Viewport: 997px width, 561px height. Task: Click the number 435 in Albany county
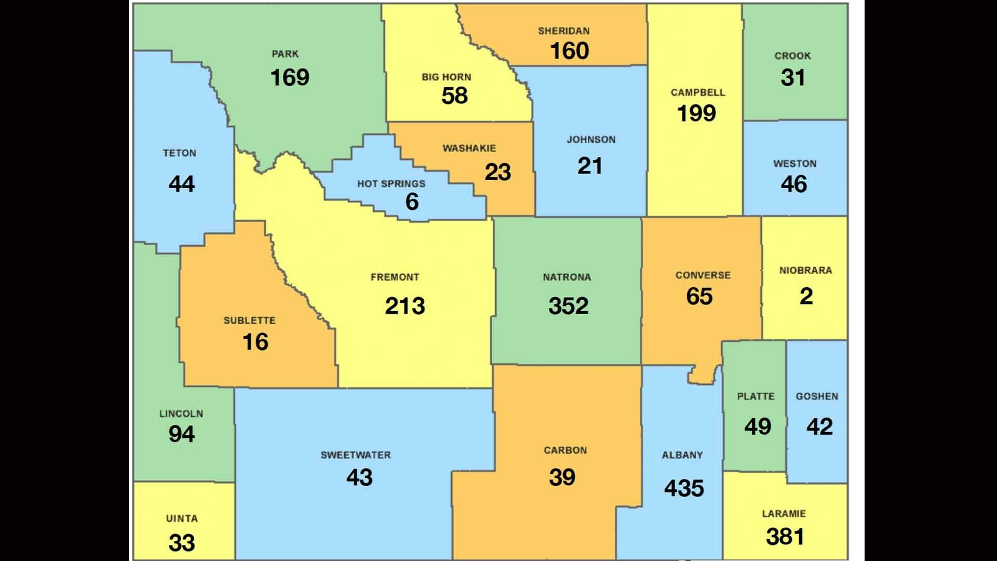click(x=684, y=488)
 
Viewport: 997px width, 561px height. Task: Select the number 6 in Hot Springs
click(x=412, y=202)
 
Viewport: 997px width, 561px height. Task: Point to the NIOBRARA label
click(x=805, y=270)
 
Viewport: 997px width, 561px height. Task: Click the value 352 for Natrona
click(x=568, y=305)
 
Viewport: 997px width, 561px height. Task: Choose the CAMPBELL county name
click(x=697, y=92)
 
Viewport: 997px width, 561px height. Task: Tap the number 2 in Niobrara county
click(x=806, y=296)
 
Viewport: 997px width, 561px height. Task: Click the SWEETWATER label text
click(x=355, y=455)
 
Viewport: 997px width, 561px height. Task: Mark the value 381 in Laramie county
click(x=785, y=537)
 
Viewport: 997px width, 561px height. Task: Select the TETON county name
click(x=180, y=153)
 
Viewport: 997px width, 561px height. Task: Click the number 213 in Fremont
click(x=405, y=305)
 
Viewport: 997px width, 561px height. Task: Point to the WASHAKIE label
click(x=469, y=149)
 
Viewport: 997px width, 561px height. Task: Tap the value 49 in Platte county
click(x=757, y=426)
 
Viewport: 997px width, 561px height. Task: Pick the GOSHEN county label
click(x=817, y=396)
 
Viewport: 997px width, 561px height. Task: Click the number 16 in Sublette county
click(x=255, y=342)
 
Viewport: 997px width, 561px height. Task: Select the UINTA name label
click(x=182, y=518)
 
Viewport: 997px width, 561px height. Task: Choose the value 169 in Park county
click(x=290, y=77)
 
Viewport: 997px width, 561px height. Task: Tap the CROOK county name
click(x=792, y=56)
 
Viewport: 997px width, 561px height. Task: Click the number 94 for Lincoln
click(x=181, y=434)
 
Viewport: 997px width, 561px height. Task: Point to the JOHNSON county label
click(x=591, y=140)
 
